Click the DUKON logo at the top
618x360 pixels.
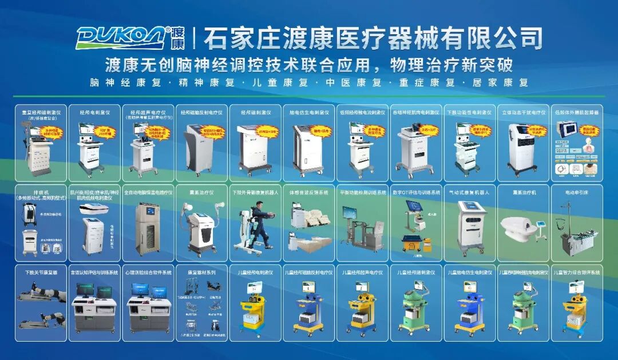[x=123, y=37]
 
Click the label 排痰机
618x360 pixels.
[x=41, y=192]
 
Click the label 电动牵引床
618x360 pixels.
[x=576, y=193]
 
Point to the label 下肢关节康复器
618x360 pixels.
[x=41, y=272]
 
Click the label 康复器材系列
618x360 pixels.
[x=200, y=272]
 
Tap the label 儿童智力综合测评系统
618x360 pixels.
[x=576, y=272]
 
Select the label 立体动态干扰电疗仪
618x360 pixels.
[x=522, y=113]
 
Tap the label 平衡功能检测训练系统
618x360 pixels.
[x=362, y=193]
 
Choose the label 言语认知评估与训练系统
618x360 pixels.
[x=94, y=272]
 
